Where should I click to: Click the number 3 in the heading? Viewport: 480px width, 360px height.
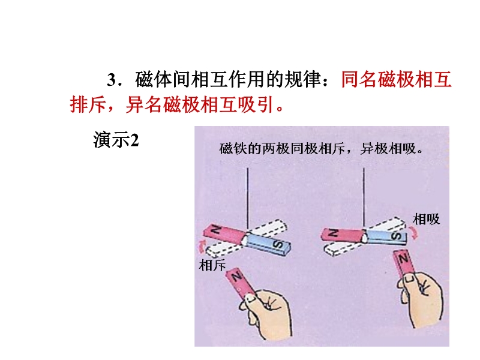point(112,80)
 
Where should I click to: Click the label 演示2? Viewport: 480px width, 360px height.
point(116,140)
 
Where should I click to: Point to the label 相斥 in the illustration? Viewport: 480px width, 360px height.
point(212,265)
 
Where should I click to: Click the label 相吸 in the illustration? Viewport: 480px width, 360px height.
point(426,219)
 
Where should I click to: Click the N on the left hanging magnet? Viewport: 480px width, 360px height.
point(216,230)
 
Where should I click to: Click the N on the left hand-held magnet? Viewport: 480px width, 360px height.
point(236,277)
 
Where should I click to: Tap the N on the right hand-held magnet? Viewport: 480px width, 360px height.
point(403,259)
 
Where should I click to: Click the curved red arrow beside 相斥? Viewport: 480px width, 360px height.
point(201,247)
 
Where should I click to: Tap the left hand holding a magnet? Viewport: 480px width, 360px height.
point(269,313)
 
